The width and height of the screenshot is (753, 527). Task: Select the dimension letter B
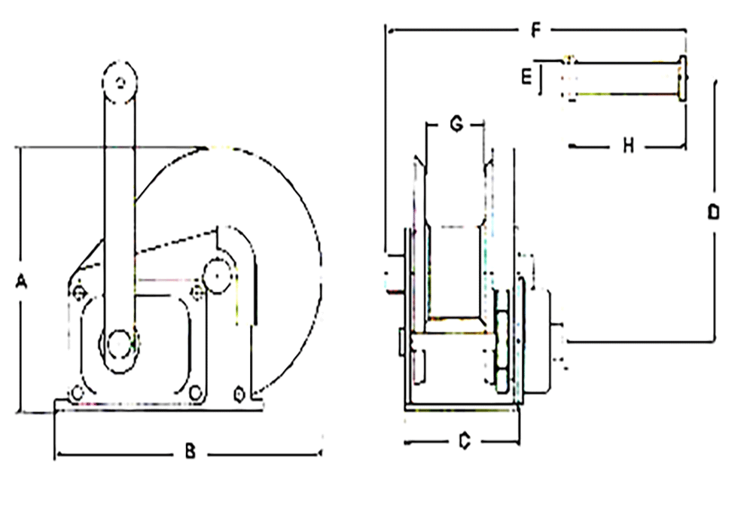[x=191, y=452]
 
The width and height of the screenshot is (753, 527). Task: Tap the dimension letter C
[x=465, y=442]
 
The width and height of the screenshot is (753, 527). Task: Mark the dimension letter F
[x=536, y=31]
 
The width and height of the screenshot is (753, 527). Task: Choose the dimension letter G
[x=456, y=125]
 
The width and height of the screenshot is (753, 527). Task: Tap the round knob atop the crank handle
[x=119, y=83]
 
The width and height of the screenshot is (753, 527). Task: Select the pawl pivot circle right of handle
[x=217, y=276]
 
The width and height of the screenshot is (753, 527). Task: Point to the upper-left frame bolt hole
[x=78, y=291]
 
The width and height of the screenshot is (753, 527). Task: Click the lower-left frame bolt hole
[x=76, y=392]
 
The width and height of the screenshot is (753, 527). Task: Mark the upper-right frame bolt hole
[x=197, y=291]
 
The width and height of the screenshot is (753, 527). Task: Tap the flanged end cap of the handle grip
[x=682, y=77]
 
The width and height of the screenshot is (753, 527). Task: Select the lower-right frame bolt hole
[x=196, y=392]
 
